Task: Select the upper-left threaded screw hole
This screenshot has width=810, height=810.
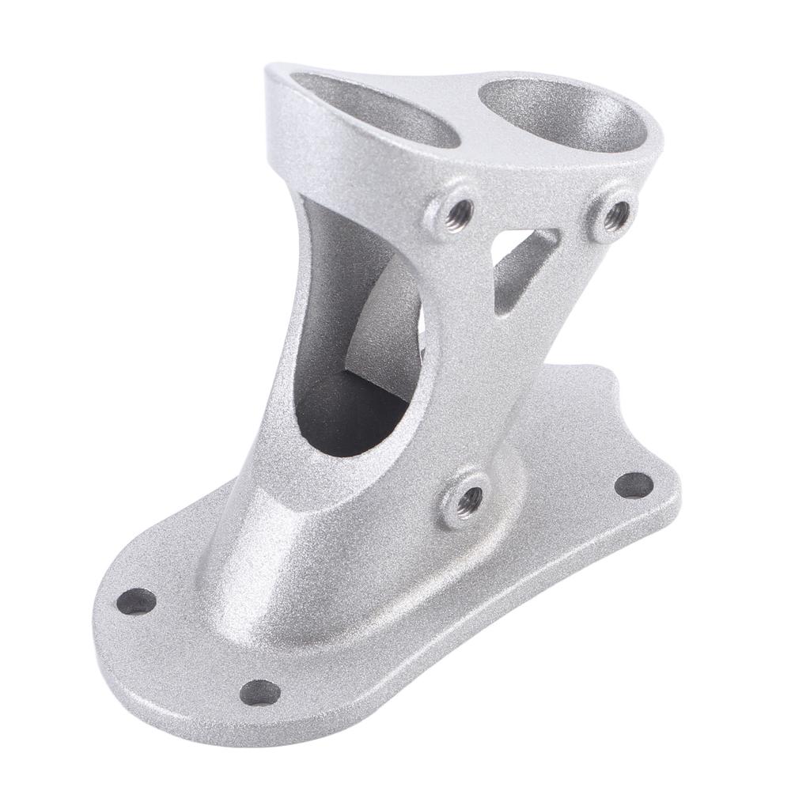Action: (457, 212)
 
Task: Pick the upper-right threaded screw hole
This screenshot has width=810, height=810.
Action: (615, 214)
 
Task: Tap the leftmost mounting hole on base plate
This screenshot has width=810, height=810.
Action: (137, 602)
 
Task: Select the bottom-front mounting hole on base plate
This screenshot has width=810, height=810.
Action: (259, 693)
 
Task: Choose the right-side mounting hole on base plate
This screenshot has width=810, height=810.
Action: (634, 485)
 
